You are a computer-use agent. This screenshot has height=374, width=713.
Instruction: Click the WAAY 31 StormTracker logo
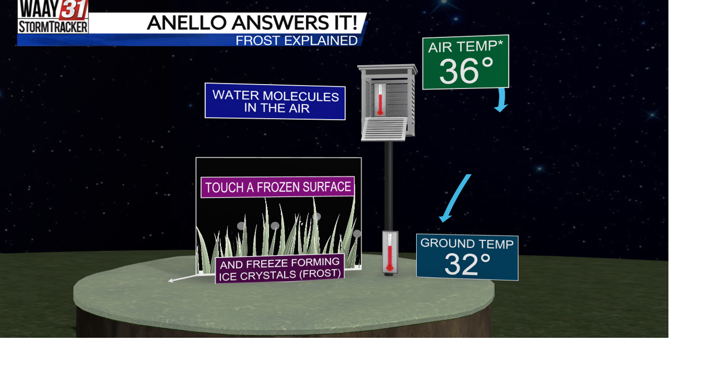coord(53,17)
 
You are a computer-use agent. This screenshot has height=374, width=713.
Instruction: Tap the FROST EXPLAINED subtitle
coord(296,41)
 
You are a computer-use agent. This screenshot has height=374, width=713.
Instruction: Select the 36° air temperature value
coord(466,71)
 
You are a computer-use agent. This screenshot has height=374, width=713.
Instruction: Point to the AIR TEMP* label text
coord(465,46)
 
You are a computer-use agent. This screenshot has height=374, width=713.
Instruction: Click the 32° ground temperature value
coord(467,265)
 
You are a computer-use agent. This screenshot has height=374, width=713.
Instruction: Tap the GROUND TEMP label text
coord(467,243)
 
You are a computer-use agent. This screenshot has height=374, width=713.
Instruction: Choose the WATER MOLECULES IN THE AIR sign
coord(275,101)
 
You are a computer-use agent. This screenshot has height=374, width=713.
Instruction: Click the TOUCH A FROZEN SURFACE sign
coord(277,187)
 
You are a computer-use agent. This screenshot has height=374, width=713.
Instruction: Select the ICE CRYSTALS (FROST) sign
coord(280,269)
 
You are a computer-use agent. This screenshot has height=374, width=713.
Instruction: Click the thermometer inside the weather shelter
coord(380,100)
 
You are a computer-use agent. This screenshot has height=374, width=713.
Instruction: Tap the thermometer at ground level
coord(390,253)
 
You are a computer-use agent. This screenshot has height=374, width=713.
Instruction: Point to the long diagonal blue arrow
coord(455,198)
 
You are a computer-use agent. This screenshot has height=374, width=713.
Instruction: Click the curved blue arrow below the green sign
coord(502,101)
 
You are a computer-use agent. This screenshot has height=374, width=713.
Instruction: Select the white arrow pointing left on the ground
coord(184,278)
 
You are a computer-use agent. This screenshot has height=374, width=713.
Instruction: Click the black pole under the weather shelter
coord(389,184)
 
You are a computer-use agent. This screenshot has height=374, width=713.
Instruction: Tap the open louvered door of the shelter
coord(384,129)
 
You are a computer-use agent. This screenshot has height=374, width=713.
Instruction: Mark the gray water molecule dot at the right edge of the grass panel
coord(357,234)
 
